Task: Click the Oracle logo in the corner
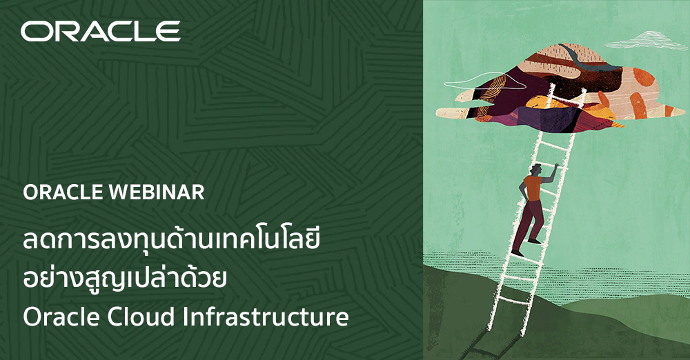[100, 31]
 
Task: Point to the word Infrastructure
[265, 318]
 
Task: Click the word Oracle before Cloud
[57, 318]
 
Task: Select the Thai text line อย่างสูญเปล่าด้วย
[125, 281]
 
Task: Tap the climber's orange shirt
[532, 188]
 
